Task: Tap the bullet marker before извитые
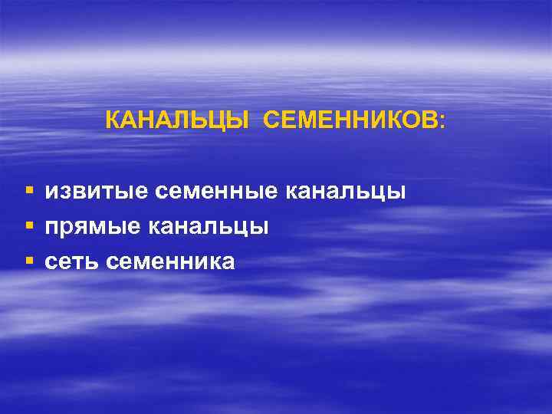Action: click(x=29, y=189)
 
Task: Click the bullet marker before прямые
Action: click(x=29, y=225)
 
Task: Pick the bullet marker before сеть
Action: click(x=29, y=261)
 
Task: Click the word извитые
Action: click(x=97, y=190)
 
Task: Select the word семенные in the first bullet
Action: click(x=217, y=190)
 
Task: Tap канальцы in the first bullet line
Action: click(x=346, y=192)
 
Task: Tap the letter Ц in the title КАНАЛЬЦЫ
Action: click(x=219, y=121)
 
